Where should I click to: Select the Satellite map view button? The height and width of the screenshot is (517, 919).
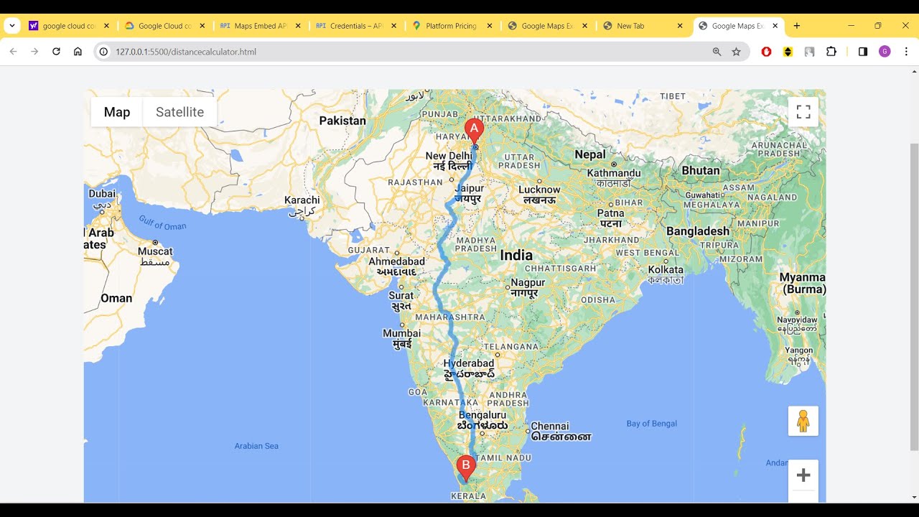pyautogui.click(x=179, y=112)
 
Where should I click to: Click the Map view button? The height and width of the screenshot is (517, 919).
pyautogui.click(x=117, y=112)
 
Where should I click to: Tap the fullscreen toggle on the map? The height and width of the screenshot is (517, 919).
pyautogui.click(x=803, y=112)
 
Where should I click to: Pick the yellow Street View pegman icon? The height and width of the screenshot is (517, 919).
pyautogui.click(x=803, y=421)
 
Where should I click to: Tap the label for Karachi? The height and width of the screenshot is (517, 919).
pyautogui.click(x=302, y=200)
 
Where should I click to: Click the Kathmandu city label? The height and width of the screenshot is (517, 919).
pyautogui.click(x=614, y=173)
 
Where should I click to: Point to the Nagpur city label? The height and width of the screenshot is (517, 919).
pyautogui.click(x=528, y=283)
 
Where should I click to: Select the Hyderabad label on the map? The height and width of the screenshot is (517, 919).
pyautogui.click(x=469, y=364)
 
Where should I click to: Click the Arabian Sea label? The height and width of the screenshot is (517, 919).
pyautogui.click(x=256, y=446)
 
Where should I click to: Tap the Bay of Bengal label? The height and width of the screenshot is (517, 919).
pyautogui.click(x=651, y=424)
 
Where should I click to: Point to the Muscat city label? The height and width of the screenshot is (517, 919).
pyautogui.click(x=155, y=251)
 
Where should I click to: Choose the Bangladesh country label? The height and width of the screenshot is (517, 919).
pyautogui.click(x=697, y=231)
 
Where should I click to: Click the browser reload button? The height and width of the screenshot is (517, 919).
pyautogui.click(x=56, y=52)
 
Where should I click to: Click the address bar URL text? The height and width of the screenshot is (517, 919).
pyautogui.click(x=186, y=52)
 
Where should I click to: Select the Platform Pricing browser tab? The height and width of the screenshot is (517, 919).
pyautogui.click(x=451, y=26)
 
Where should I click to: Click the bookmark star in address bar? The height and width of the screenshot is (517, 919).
pyautogui.click(x=736, y=52)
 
